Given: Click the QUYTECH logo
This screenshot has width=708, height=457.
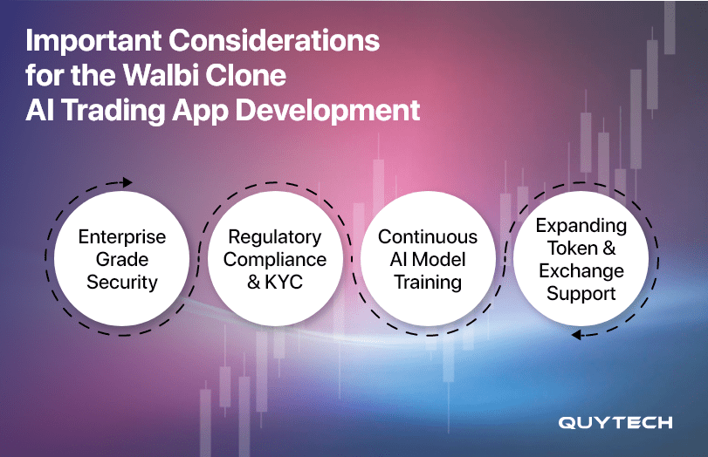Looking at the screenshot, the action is (x=615, y=423).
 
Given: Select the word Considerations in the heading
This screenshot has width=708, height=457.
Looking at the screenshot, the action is (x=274, y=41).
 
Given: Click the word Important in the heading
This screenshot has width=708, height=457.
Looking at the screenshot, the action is (x=93, y=41).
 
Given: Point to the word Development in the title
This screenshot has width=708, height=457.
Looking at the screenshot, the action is (x=328, y=111).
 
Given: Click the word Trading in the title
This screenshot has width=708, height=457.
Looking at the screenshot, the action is (x=113, y=111).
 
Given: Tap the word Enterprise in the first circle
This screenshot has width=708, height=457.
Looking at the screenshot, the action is (x=122, y=237).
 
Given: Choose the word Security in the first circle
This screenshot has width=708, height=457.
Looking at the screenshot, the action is (x=122, y=283).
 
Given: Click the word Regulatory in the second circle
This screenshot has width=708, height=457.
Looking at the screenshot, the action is (x=274, y=238).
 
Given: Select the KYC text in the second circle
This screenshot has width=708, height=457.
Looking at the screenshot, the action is (x=284, y=282).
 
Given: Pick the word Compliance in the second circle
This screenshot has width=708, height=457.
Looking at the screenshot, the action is (x=274, y=260).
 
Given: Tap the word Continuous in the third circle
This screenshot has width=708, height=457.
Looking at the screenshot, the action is (x=428, y=237).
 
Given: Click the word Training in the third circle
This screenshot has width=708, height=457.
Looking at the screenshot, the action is (x=428, y=283).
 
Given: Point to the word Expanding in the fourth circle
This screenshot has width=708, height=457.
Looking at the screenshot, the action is (x=581, y=227).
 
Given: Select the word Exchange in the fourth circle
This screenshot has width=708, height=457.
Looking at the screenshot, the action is (x=581, y=270).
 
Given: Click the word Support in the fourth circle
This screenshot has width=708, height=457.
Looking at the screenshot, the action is (x=581, y=294).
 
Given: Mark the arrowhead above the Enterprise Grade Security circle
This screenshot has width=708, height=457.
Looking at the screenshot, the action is (x=127, y=182).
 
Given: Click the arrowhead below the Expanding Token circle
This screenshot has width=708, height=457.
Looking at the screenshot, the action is (x=575, y=335).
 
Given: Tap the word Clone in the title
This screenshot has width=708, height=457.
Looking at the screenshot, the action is (x=245, y=75).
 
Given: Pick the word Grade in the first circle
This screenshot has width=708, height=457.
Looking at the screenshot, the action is (x=122, y=260).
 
